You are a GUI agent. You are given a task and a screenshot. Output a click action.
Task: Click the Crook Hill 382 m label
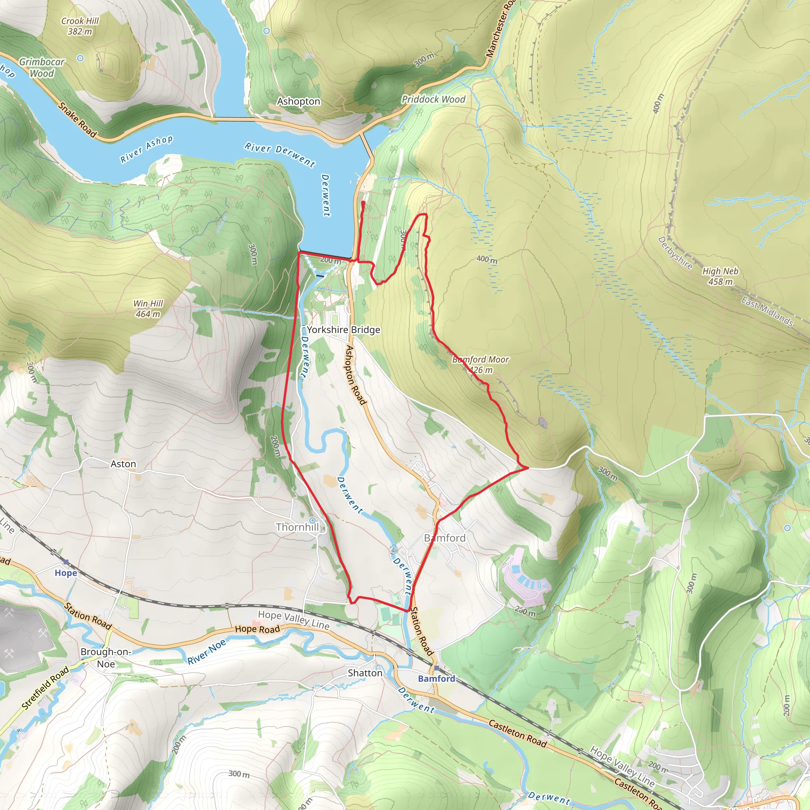(x=79, y=26)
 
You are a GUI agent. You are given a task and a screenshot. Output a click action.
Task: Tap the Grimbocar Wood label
(x=42, y=68)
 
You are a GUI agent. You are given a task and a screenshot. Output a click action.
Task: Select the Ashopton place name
(x=299, y=102)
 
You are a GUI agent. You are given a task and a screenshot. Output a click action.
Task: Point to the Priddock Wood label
(x=433, y=99)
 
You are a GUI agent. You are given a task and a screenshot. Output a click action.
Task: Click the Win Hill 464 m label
(x=148, y=308)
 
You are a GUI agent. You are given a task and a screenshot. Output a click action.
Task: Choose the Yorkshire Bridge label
(x=343, y=330)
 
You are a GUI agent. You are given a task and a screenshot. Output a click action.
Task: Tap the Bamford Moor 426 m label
(x=481, y=365)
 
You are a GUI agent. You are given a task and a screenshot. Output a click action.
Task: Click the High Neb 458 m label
(x=720, y=276)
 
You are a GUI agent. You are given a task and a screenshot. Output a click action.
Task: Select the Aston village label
(x=123, y=464)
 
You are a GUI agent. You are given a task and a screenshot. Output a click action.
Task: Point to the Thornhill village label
(x=297, y=527)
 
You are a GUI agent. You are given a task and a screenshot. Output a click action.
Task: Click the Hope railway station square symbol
(x=66, y=562)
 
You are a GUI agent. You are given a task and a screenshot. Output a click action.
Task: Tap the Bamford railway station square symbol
(x=437, y=668)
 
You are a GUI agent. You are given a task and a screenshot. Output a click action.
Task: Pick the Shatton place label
(x=365, y=673)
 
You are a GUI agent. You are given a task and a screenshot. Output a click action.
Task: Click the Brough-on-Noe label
(x=106, y=658)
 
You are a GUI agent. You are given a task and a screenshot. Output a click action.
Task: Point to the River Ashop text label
(x=146, y=149)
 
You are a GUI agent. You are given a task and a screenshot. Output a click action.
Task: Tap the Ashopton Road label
(x=356, y=375)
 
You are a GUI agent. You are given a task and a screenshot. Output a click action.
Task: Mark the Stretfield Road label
(x=45, y=689)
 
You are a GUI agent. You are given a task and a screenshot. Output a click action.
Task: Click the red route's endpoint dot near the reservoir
(x=363, y=203)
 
